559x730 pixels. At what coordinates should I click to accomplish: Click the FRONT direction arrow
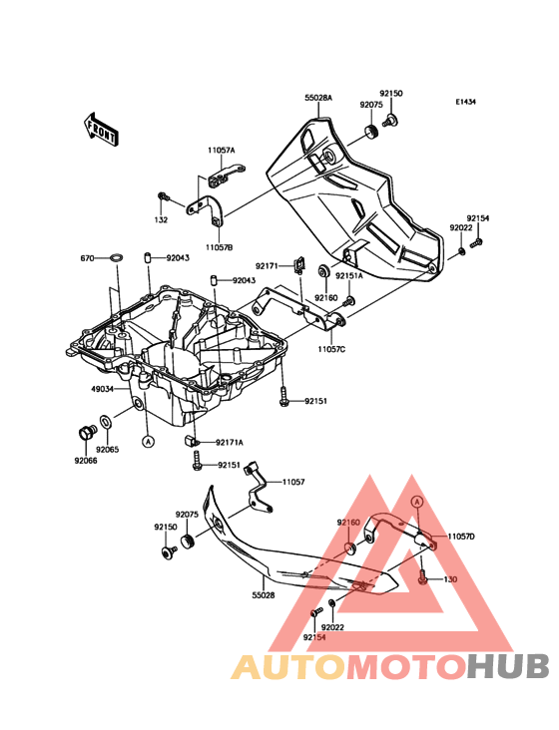point(101,130)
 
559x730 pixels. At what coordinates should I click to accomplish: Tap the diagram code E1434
point(466,102)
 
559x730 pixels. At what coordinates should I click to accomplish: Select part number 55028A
point(318,98)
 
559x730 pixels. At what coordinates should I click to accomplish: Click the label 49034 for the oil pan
point(102,389)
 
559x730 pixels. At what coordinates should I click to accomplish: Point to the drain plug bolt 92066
point(86,434)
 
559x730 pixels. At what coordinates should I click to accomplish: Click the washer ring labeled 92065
point(106,423)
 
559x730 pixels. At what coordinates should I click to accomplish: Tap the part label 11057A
point(222,151)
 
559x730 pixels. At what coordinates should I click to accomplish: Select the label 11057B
point(218,247)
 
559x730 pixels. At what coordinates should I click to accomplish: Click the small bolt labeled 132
point(163,196)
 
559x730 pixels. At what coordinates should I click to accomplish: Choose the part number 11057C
point(331,349)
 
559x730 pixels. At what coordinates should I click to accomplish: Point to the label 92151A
point(349,275)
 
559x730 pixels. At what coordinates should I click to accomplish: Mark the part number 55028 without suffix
point(265,595)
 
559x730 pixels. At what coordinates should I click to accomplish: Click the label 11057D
point(461,537)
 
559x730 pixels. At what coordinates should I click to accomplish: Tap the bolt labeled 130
point(422,577)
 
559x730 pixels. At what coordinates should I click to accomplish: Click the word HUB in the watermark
point(509,667)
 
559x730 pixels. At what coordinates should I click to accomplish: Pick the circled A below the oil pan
point(148,441)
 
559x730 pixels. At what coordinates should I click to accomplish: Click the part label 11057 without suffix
point(293,482)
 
